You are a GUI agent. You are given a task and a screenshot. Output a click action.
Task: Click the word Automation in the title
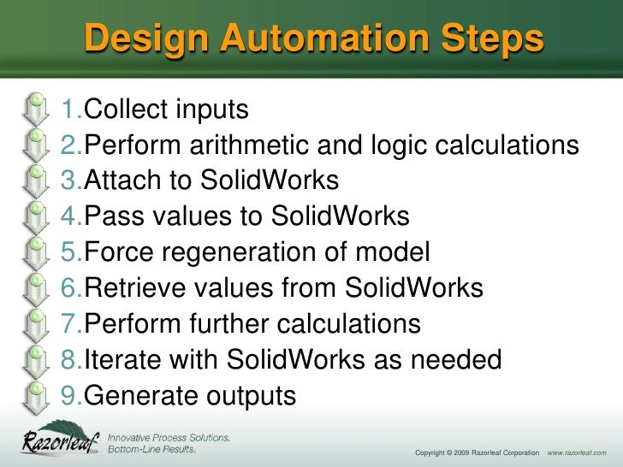pos(287,39)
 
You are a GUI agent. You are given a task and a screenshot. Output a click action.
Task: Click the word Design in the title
pos(145,39)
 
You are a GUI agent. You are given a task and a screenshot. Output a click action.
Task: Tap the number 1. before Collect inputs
pos(73,109)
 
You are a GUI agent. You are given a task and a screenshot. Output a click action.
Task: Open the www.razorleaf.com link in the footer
pos(576,451)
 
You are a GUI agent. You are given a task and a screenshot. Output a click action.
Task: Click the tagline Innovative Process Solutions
pos(168,437)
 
